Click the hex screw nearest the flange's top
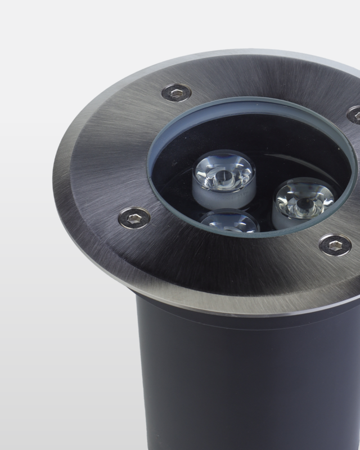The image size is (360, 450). coord(176,92)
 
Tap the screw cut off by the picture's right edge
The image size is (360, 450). coord(355,115)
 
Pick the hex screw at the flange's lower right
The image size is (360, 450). coord(335,244)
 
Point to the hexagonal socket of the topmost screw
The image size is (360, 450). coord(177,92)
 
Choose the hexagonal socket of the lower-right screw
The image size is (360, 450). coord(336,244)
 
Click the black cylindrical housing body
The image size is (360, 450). coord(236,382)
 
